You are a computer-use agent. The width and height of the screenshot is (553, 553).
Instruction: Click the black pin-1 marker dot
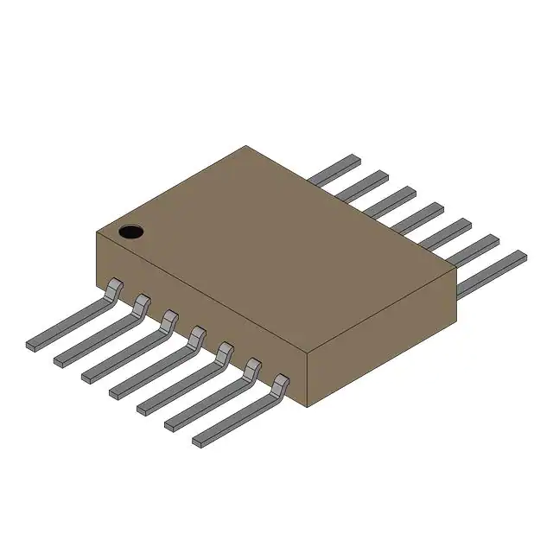130,231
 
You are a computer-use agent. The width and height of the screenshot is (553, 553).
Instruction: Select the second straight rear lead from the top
363,185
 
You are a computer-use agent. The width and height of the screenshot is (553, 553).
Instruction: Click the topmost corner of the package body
246,146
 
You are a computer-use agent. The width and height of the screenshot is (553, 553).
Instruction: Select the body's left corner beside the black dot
94,232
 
